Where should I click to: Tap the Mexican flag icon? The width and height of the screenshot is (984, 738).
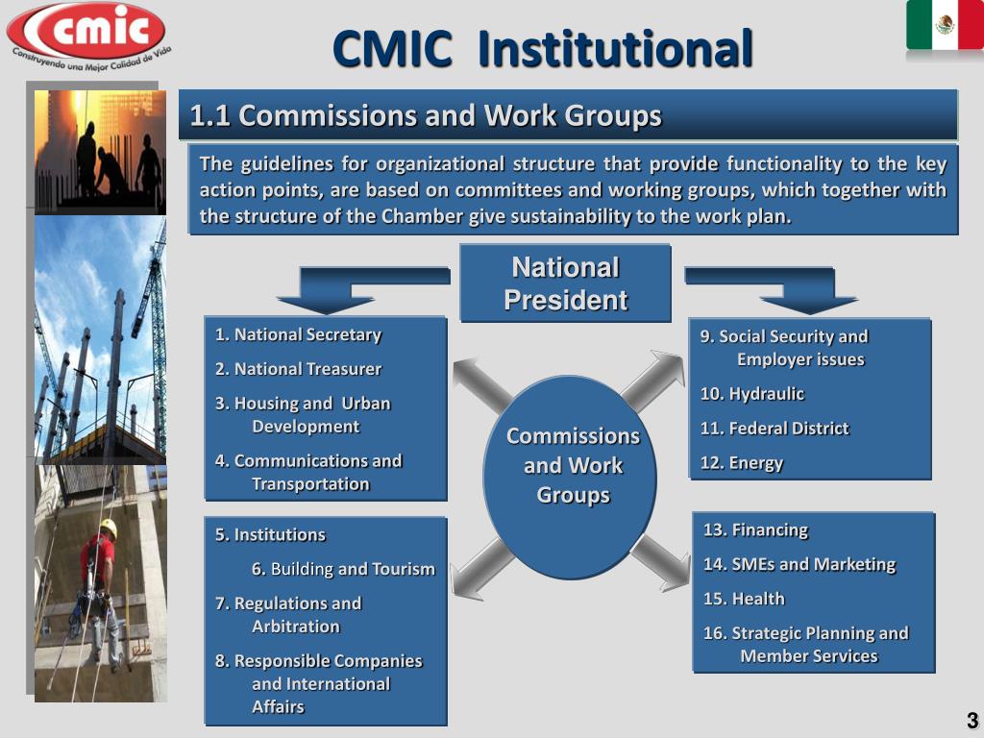pos(944,26)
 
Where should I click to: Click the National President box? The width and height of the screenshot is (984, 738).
pos(565,283)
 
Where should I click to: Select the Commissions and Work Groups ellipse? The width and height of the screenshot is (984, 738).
pos(573,466)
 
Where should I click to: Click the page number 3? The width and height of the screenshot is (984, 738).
pos(972,722)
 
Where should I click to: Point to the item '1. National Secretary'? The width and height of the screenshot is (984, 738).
pos(298,335)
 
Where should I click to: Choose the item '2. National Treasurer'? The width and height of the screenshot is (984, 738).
pos(298,369)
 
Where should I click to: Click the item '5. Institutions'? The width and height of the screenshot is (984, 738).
pos(270,535)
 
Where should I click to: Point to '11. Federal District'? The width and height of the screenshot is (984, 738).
pos(775,429)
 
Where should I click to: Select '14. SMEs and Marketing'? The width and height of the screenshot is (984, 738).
pos(799,565)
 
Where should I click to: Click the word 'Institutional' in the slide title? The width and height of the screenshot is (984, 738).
pos(614,50)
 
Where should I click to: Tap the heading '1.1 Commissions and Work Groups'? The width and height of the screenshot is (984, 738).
pos(426,116)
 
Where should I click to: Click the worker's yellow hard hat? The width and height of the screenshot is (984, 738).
pos(109,528)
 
